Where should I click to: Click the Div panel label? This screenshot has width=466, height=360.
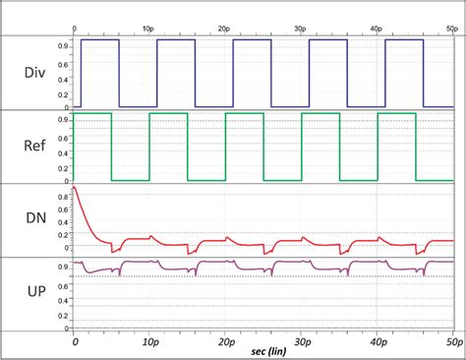point(36,72)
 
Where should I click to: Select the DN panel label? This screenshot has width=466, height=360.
point(36,221)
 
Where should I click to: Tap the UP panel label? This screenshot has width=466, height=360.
point(36,294)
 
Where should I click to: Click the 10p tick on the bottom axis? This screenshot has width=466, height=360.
point(149,340)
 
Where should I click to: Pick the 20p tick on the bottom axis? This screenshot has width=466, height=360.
point(226,340)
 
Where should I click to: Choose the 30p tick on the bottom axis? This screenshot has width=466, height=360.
point(302,340)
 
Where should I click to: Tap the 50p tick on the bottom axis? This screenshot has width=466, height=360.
point(450,340)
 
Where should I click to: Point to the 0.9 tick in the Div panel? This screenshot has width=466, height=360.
point(65,45)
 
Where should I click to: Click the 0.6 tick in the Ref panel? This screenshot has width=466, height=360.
point(65,140)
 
